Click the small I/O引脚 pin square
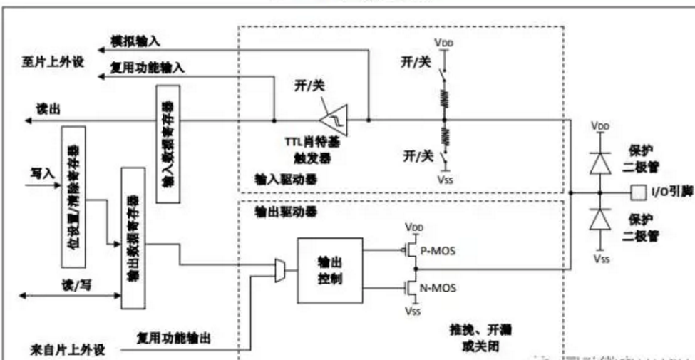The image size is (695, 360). point(637,192)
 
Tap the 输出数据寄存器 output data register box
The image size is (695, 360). point(132,237)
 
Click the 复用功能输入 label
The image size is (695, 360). point(148,68)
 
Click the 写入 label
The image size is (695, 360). point(41,173)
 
